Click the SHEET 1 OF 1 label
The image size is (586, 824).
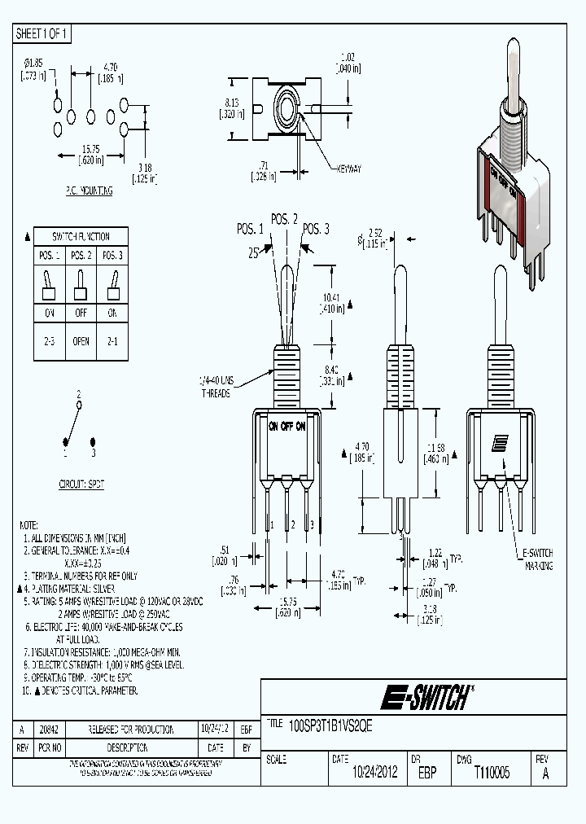(42, 33)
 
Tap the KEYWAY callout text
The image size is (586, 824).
(348, 168)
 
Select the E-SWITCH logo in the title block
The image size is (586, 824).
(424, 697)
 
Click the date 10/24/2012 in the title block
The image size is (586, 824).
(364, 773)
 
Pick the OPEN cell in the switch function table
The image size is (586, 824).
(81, 342)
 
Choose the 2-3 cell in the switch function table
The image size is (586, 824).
(50, 342)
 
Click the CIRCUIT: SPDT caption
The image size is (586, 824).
(81, 483)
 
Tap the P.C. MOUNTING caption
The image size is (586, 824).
(89, 191)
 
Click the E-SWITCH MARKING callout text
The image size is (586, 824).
(537, 559)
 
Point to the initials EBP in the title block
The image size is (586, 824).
(426, 773)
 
